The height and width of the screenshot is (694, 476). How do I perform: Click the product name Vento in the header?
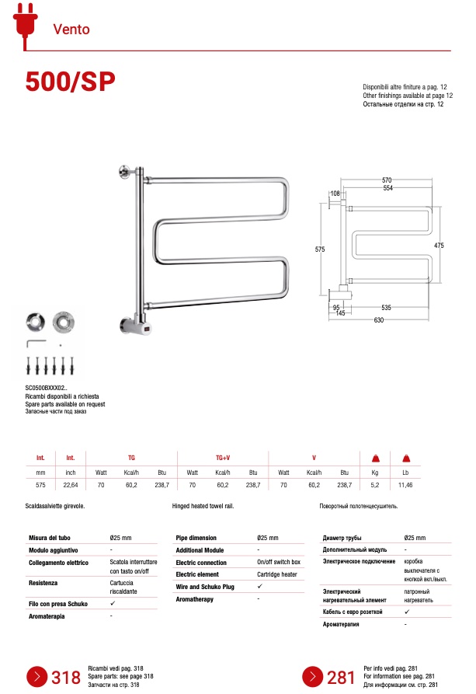coord(71,30)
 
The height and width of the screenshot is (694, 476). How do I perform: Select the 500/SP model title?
coord(71,82)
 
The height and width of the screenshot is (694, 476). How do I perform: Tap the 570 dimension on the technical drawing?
coord(387,180)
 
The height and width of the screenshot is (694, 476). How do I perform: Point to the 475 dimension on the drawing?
coord(439,246)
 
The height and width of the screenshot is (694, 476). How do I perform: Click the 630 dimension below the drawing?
coord(379,319)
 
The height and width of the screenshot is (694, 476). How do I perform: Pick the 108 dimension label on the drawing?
coord(335,193)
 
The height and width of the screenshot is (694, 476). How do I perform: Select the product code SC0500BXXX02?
coord(47,388)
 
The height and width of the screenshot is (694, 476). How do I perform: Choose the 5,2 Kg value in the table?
coord(374,485)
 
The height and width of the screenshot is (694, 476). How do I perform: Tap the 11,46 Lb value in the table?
coord(405,485)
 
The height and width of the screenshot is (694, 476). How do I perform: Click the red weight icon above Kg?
coord(374,458)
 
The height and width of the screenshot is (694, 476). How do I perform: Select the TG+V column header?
coord(223,458)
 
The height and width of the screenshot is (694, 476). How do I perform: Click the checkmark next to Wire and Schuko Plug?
coord(259,587)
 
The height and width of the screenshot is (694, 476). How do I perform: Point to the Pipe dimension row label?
coord(196,538)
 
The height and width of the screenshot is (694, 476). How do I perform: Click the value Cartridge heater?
coord(277,574)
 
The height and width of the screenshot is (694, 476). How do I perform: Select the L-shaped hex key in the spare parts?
coord(35,342)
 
